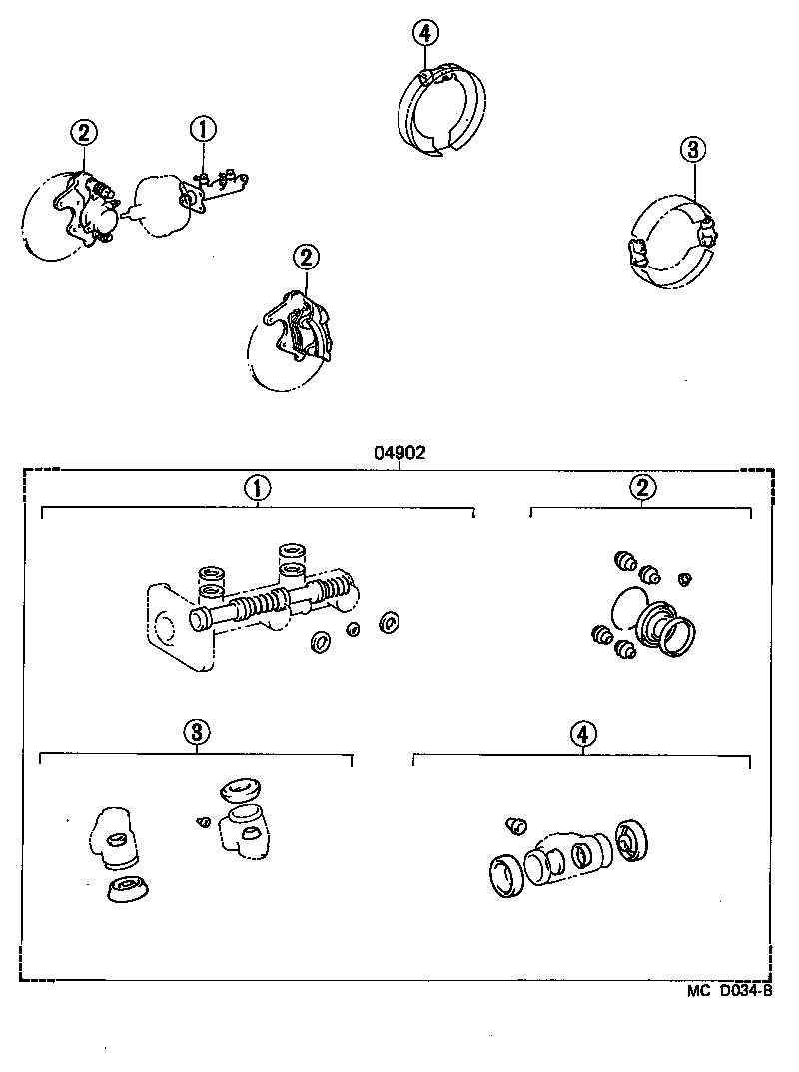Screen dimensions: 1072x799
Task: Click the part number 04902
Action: coord(400,452)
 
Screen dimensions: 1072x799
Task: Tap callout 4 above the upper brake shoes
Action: coord(424,33)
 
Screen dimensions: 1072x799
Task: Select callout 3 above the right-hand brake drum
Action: coord(694,151)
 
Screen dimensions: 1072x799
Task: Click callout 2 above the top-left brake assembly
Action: coord(83,132)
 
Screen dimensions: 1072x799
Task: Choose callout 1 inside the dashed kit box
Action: coord(258,488)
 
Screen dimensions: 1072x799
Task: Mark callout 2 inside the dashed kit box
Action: coord(642,487)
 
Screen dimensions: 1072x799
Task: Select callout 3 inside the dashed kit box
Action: coord(197,732)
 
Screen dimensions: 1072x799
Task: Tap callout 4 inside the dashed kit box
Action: coord(584,733)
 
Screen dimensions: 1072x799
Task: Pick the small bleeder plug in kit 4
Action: coord(515,824)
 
